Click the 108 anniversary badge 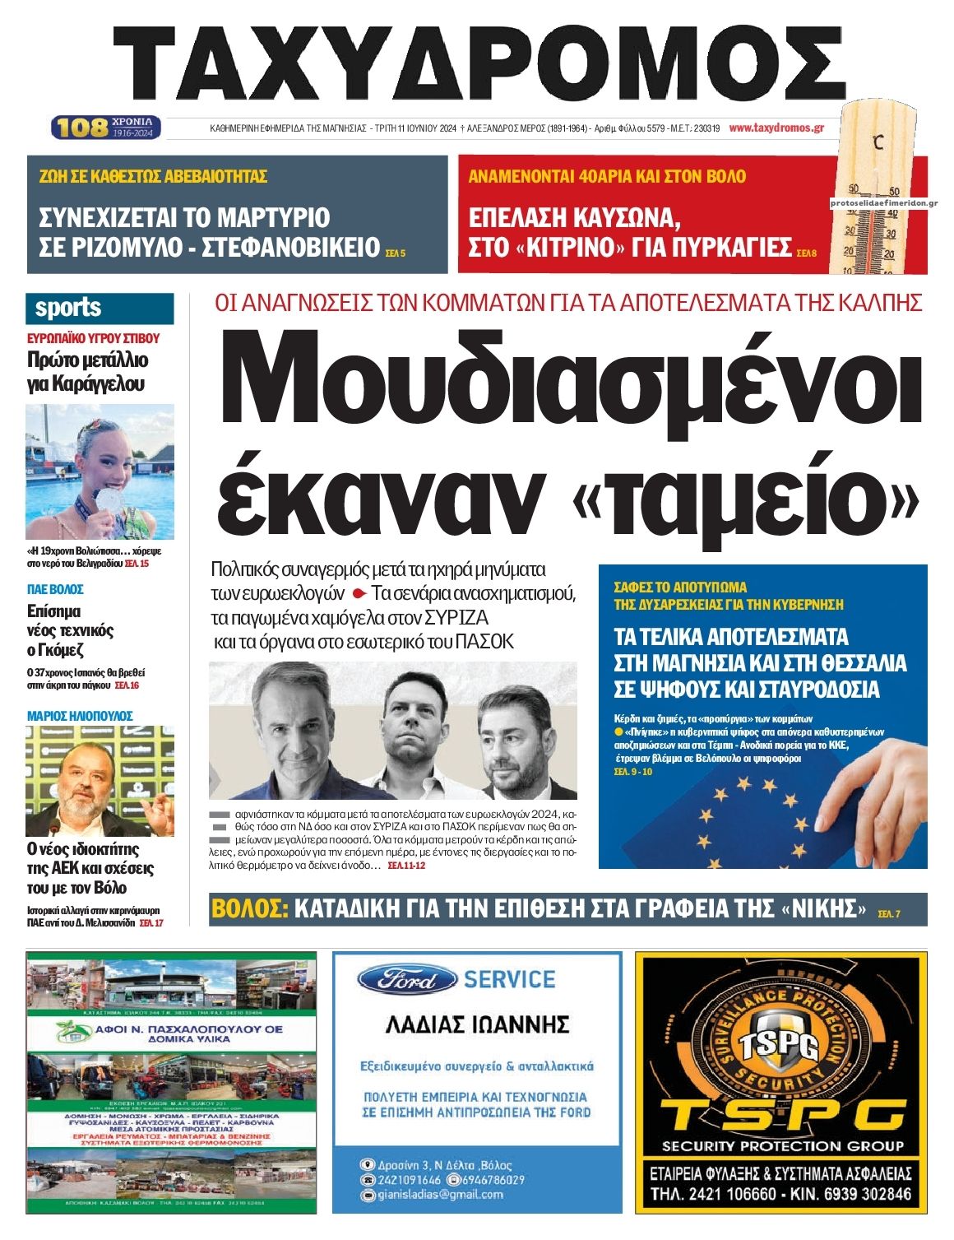coord(105,128)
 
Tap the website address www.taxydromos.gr coord(776,128)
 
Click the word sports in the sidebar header coord(67,308)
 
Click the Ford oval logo coord(407,980)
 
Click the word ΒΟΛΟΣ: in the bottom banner coord(250,909)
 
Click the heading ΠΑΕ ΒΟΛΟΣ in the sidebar coord(55,589)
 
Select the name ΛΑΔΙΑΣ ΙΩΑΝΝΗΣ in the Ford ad coord(477,1024)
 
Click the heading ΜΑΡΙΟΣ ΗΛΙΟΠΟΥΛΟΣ coord(80,716)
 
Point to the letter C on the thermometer coord(878,142)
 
